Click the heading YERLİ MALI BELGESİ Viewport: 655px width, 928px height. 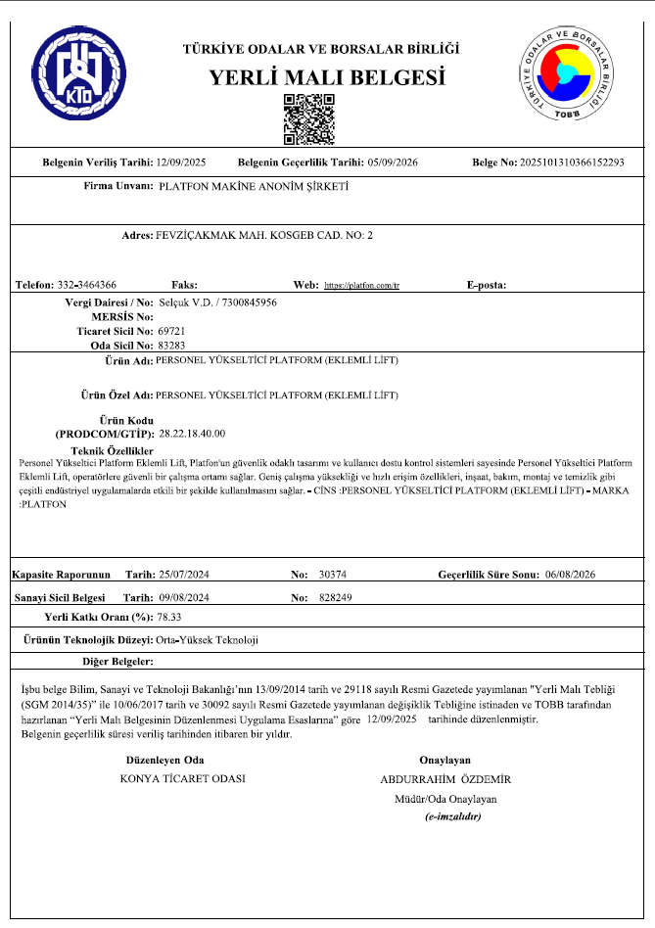pos(327,78)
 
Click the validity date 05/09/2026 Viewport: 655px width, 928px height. pos(392,162)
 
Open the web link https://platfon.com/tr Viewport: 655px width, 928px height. pos(362,285)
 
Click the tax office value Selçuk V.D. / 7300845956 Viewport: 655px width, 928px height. pos(217,303)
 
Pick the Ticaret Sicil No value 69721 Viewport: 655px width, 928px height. pos(170,331)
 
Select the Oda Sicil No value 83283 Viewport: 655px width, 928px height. pos(170,345)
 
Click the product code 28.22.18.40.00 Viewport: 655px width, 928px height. pos(192,432)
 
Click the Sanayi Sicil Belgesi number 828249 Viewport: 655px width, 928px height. pos(336,596)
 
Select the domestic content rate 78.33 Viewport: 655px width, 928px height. pos(171,618)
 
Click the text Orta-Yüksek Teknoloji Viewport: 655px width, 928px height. pos(207,639)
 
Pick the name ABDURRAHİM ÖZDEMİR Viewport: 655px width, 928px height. pos(444,779)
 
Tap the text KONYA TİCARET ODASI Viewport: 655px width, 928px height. pos(181,779)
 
